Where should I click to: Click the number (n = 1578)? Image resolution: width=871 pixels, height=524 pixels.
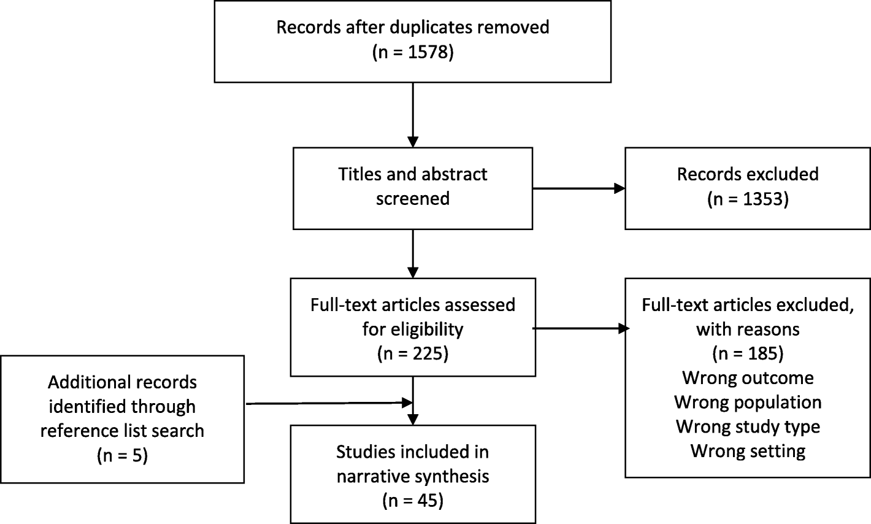(x=413, y=52)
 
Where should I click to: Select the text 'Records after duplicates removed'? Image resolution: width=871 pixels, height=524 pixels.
(x=413, y=28)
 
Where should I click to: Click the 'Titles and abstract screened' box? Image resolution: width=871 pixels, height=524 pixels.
(x=413, y=188)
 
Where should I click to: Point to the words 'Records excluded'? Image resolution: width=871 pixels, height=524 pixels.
(x=747, y=174)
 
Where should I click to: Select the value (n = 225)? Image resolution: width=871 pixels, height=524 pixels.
(x=413, y=353)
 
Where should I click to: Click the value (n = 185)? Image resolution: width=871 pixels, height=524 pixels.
(x=747, y=353)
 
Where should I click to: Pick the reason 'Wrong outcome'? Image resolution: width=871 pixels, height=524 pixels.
(x=747, y=377)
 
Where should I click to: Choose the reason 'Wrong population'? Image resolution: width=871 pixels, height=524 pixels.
(x=747, y=402)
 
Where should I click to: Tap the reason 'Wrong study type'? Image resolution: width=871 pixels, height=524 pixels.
(x=747, y=426)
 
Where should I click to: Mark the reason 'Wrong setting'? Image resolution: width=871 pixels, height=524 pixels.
(x=747, y=450)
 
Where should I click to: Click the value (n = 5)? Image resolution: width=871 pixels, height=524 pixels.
(x=122, y=455)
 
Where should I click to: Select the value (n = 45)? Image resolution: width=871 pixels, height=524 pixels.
(x=413, y=500)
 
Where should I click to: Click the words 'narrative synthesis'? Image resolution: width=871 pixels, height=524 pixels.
(x=413, y=476)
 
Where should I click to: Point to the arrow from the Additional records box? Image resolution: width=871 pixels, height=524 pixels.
(x=328, y=403)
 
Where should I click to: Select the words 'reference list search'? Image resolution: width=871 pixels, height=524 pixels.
(x=122, y=430)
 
